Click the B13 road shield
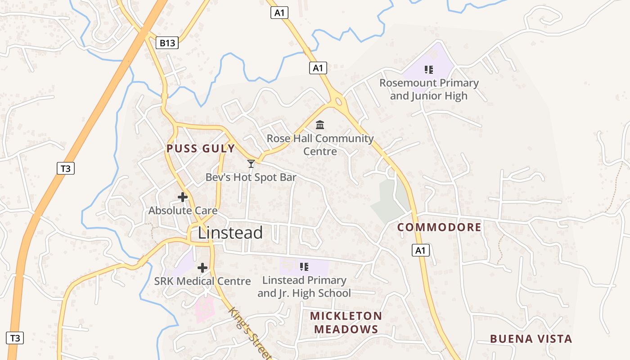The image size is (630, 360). (167, 43)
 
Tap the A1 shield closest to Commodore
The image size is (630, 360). (421, 250)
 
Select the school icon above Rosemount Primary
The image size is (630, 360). (429, 70)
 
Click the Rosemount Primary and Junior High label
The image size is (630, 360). (429, 89)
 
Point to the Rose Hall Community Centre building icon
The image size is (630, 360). (320, 125)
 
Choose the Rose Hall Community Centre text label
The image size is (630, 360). (320, 144)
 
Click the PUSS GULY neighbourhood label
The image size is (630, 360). (201, 149)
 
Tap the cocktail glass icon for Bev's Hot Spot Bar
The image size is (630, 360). (251, 164)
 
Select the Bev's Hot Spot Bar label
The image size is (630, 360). (251, 177)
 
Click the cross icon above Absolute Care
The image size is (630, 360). (183, 197)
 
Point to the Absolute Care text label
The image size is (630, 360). (183, 211)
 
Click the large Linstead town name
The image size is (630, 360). (230, 233)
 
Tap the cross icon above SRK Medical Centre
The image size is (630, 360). (202, 268)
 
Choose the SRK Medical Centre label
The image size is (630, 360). (202, 281)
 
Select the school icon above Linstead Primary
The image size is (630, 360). (304, 267)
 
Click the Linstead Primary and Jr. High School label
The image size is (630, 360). (304, 287)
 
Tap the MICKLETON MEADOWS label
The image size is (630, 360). (346, 323)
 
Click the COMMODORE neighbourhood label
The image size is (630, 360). (439, 227)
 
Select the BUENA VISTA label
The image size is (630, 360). (531, 339)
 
